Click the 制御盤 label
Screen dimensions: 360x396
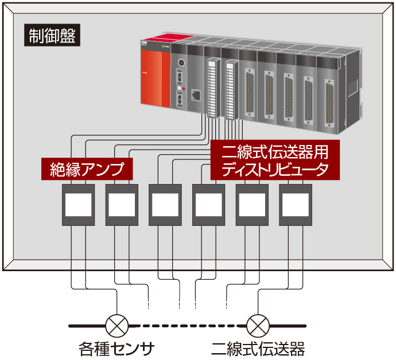click(52, 36)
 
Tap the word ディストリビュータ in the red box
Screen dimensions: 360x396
click(275, 169)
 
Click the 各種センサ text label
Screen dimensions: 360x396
click(117, 347)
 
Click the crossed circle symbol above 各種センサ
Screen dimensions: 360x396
click(117, 326)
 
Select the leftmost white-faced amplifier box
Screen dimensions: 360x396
click(79, 205)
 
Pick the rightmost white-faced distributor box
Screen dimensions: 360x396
click(296, 205)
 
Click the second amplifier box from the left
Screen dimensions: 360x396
click(122, 205)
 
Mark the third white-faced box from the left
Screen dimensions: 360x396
click(165, 205)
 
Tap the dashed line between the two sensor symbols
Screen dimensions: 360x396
click(187, 326)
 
